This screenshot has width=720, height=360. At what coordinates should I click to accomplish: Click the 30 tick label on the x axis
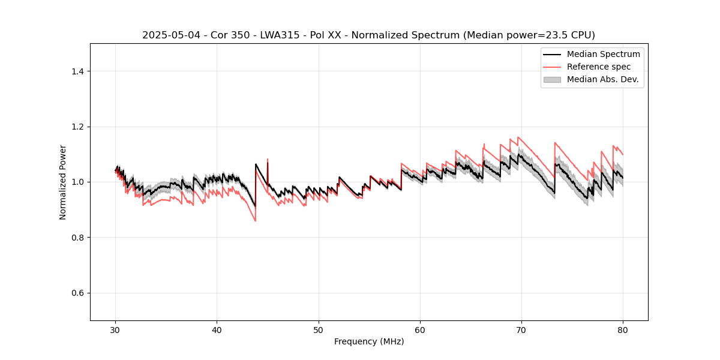[x=116, y=330]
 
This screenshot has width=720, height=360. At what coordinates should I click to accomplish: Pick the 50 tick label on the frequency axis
[x=319, y=330]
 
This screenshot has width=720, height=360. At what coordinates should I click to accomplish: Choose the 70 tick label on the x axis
[x=521, y=330]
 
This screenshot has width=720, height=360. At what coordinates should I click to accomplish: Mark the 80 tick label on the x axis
[x=623, y=330]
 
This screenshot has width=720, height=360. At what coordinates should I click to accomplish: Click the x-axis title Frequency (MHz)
[x=369, y=341]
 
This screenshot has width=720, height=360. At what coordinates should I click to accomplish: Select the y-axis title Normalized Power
[x=63, y=182]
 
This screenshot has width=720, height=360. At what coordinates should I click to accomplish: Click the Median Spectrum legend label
[x=603, y=54]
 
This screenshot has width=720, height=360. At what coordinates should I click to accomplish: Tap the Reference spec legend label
[x=598, y=67]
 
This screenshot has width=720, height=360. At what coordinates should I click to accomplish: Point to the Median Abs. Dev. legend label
[x=602, y=79]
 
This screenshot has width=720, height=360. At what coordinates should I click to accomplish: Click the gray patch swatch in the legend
[x=552, y=79]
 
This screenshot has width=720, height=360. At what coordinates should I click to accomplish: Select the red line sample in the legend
[x=552, y=67]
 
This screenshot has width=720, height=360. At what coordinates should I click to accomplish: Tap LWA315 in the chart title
[x=280, y=35]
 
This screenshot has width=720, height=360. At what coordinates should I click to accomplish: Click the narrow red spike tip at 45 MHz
[x=268, y=159]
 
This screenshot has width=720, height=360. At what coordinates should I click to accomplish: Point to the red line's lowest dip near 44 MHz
[x=255, y=221]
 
